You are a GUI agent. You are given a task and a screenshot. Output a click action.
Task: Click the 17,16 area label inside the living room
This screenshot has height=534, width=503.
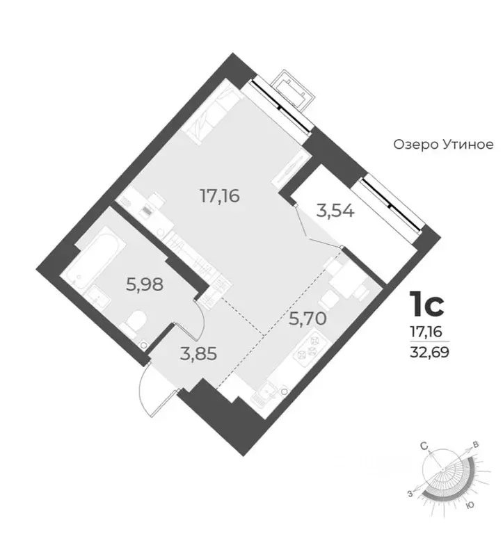pyautogui.click(x=220, y=196)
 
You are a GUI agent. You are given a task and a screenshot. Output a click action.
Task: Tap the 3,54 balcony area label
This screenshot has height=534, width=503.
pyautogui.click(x=335, y=211)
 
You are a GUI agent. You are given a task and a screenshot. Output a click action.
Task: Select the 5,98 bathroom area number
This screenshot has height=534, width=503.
pyautogui.click(x=145, y=284)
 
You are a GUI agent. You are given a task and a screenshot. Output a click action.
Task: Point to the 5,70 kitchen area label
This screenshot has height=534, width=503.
pyautogui.click(x=308, y=318)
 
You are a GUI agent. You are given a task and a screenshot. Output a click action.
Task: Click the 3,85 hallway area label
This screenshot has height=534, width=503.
pyautogui.click(x=199, y=353)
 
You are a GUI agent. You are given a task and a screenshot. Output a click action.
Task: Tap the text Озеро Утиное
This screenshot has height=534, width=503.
pyautogui.click(x=443, y=145)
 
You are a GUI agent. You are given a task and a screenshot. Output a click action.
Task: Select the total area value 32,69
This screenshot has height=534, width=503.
pyautogui.click(x=429, y=352)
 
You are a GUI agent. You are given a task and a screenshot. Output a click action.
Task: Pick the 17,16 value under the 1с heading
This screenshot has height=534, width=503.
pyautogui.click(x=426, y=331)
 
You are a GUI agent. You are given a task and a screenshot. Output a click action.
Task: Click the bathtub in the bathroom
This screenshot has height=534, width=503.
pyautogui.click(x=96, y=257)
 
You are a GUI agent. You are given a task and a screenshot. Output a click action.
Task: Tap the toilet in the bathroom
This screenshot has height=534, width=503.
pyautogui.click(x=134, y=323)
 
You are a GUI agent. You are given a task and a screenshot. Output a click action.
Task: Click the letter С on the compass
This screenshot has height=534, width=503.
pyautogui.click(x=424, y=446)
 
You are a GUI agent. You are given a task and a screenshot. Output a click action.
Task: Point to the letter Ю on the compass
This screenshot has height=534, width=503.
pyautogui.click(x=470, y=505)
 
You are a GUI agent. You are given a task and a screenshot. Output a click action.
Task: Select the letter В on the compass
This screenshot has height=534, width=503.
pyautogui.click(x=476, y=444)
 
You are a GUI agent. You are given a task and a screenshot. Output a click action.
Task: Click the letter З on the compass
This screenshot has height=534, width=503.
pyautogui.click(x=410, y=494)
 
